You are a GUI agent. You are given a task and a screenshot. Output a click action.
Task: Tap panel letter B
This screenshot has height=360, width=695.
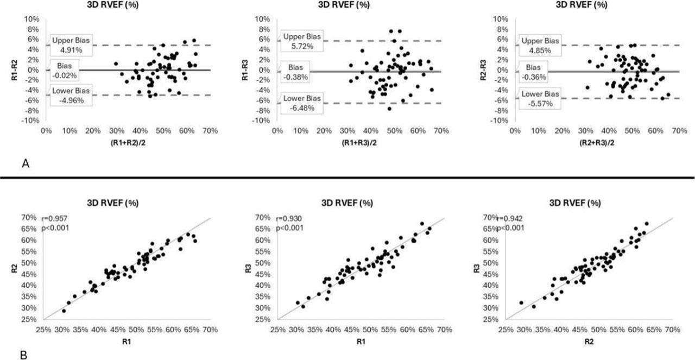[23, 356]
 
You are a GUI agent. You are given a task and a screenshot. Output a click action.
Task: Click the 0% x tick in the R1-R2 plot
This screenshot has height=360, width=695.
[46, 131]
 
